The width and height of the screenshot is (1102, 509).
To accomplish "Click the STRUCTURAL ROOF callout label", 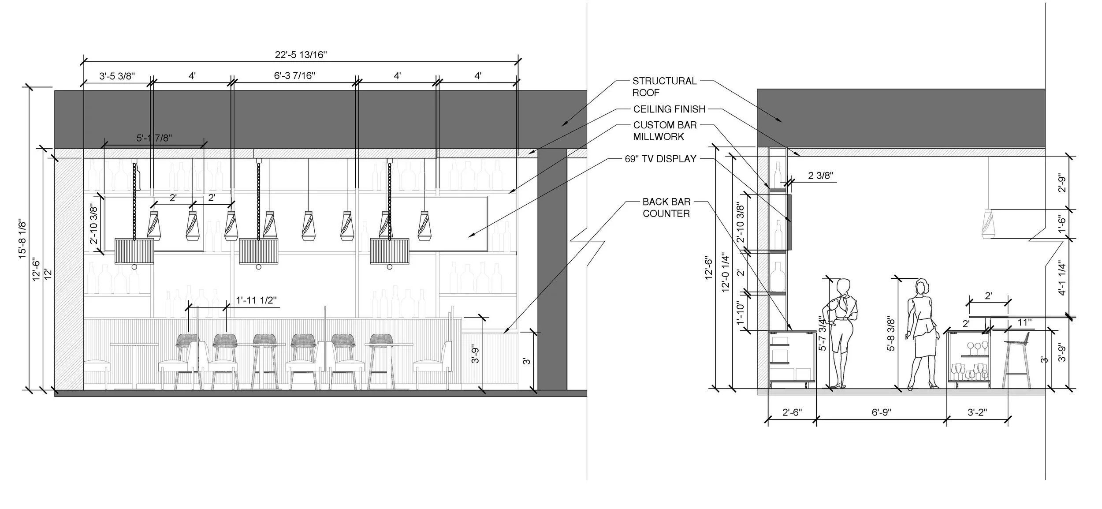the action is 664,86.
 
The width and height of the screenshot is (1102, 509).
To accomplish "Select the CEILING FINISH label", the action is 669,109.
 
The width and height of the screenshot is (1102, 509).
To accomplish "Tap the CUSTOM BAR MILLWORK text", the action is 665,131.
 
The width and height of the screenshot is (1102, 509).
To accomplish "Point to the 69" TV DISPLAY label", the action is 660,159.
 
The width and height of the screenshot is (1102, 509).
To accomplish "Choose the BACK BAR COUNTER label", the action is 666,207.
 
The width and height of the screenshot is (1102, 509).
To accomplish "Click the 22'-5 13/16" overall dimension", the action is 301,55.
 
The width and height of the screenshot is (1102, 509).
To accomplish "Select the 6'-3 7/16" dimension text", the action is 294,76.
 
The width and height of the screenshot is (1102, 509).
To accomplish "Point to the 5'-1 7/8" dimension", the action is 154,138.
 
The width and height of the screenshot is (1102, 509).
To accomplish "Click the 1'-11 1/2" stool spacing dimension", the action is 256,300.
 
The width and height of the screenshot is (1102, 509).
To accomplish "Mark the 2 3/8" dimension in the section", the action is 820,176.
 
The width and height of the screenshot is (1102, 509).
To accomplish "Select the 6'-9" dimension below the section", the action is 882,412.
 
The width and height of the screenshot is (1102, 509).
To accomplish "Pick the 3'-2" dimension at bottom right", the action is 977,412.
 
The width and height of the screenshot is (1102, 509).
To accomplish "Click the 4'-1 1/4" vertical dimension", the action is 1062,279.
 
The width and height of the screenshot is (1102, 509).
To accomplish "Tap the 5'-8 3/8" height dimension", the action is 891,333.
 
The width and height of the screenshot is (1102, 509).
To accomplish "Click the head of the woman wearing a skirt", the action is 922,287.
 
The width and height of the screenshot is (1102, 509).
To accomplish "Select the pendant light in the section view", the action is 988,225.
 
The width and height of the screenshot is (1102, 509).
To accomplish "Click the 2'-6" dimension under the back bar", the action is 792,412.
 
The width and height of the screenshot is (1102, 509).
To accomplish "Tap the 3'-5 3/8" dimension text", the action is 117,76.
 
